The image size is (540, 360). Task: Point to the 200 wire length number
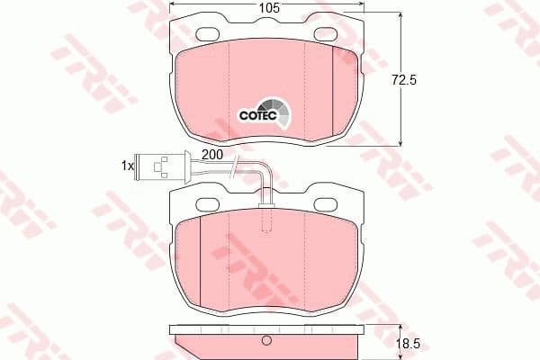[212, 155]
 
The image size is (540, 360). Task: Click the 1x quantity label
[128, 166]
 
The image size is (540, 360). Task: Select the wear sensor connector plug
[161, 166]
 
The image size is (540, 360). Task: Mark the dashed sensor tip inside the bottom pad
[265, 219]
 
